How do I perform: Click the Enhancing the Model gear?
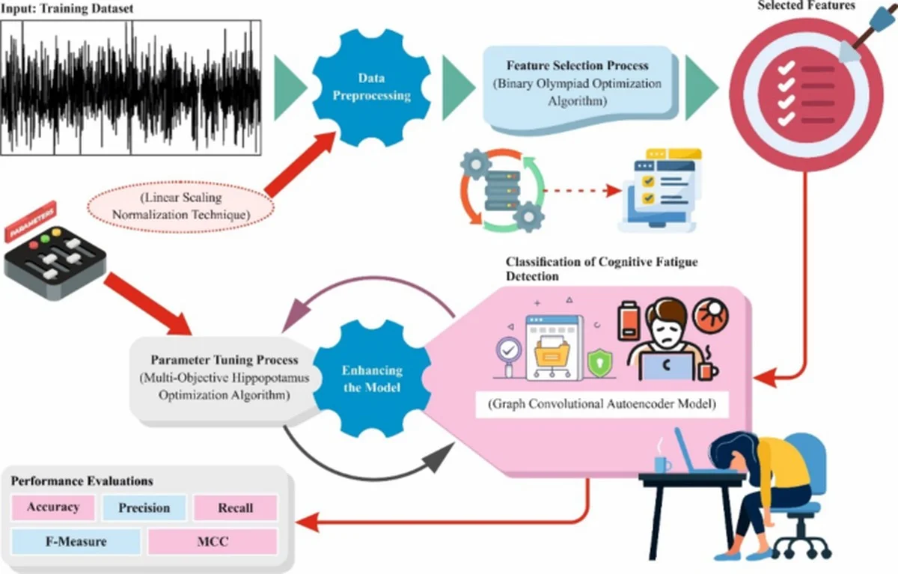click(x=372, y=379)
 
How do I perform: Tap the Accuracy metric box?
click(x=53, y=507)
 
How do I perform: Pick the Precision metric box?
click(x=144, y=507)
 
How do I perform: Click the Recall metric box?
click(x=235, y=508)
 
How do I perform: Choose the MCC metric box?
click(x=213, y=541)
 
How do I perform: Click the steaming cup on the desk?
click(x=662, y=462)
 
